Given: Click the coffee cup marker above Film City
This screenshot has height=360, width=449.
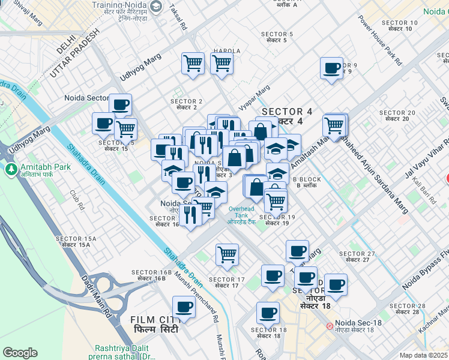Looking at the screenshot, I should pyautogui.click(x=184, y=308).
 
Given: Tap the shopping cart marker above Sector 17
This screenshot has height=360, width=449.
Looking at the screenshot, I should pyautogui.click(x=227, y=254).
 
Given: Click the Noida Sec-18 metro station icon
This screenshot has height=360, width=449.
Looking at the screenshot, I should pyautogui.click(x=330, y=326).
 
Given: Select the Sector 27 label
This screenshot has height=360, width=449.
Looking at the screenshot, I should pyautogui.click(x=357, y=256).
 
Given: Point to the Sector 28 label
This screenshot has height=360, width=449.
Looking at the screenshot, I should pyautogui.click(x=407, y=308).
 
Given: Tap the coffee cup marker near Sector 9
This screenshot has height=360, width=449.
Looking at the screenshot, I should pyautogui.click(x=331, y=68).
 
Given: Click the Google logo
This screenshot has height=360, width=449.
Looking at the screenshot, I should pyautogui.click(x=20, y=353).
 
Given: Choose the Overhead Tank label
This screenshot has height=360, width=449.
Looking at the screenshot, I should pyautogui.click(x=243, y=215).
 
